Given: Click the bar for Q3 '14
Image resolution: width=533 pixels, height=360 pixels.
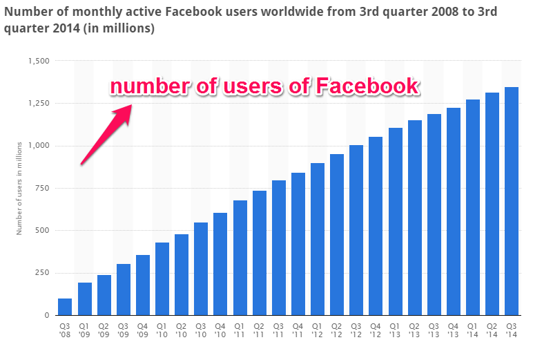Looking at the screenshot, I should coord(512,201).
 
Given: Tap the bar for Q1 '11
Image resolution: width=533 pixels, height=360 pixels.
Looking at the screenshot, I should coord(240,258).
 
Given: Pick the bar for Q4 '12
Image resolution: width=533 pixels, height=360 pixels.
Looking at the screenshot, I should coord(376,226).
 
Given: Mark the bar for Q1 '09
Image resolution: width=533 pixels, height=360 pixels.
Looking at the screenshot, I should coord(84,299).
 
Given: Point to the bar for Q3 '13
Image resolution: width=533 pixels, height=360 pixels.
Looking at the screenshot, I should coord(434,214).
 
